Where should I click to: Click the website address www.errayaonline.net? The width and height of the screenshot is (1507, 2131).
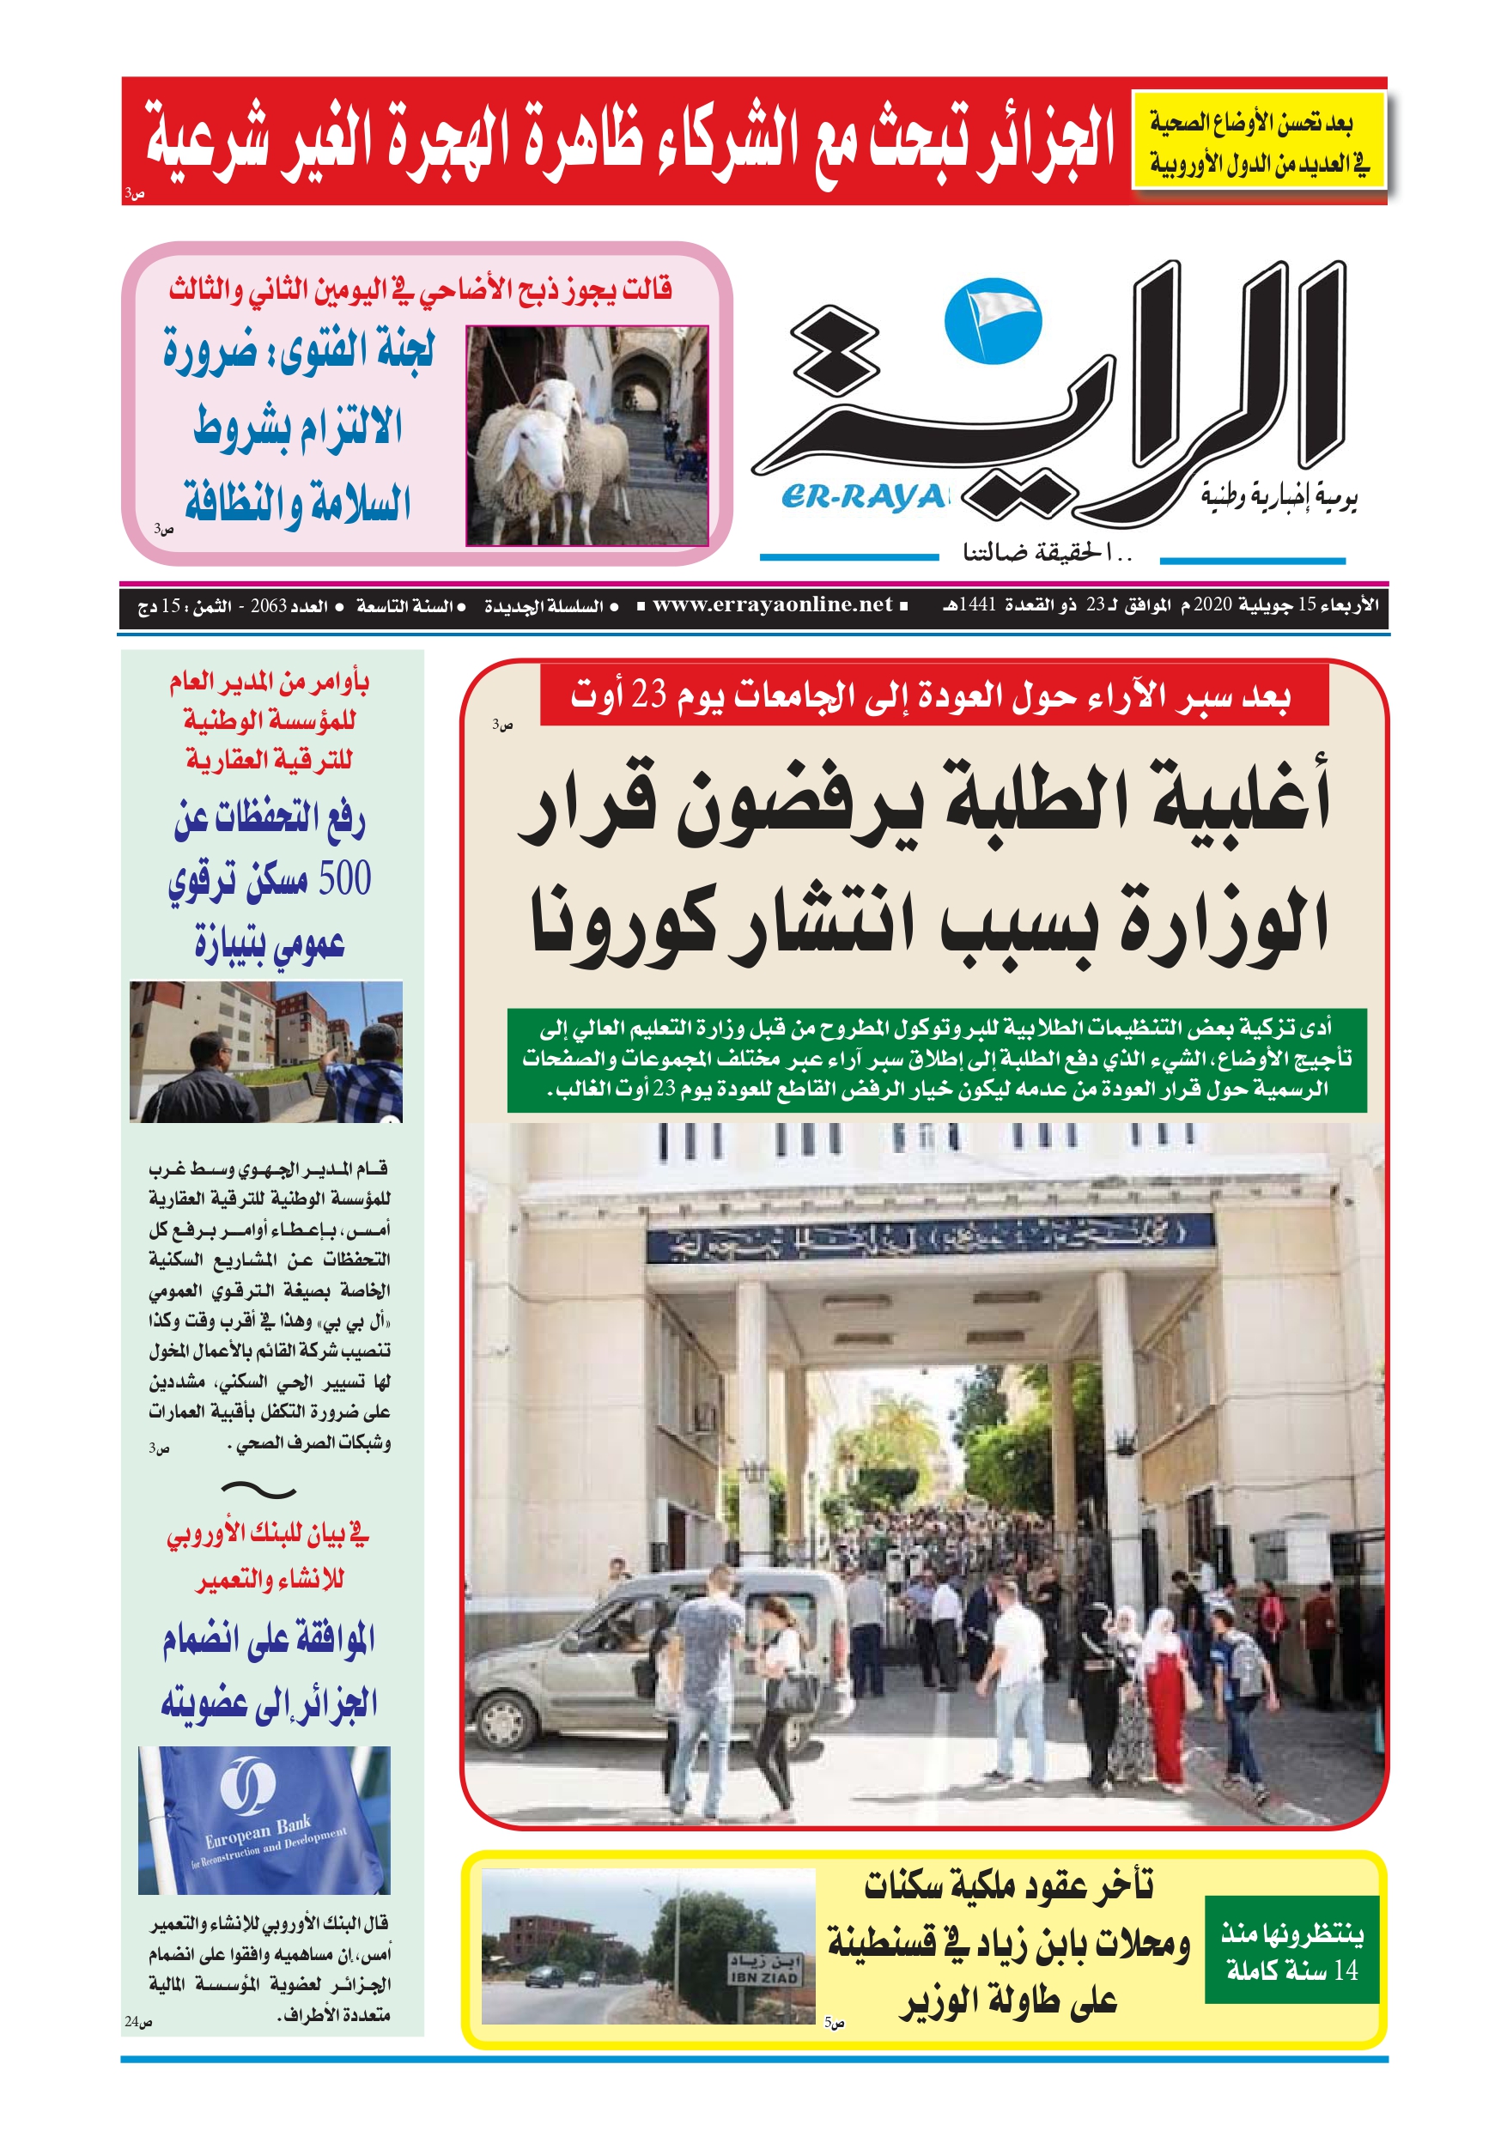772,605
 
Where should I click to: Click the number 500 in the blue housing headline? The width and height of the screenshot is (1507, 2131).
344,878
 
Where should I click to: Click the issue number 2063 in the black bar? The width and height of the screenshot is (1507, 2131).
269,606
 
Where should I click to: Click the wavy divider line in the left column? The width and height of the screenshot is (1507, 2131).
259,1490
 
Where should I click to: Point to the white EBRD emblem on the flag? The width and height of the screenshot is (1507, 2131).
247,1779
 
